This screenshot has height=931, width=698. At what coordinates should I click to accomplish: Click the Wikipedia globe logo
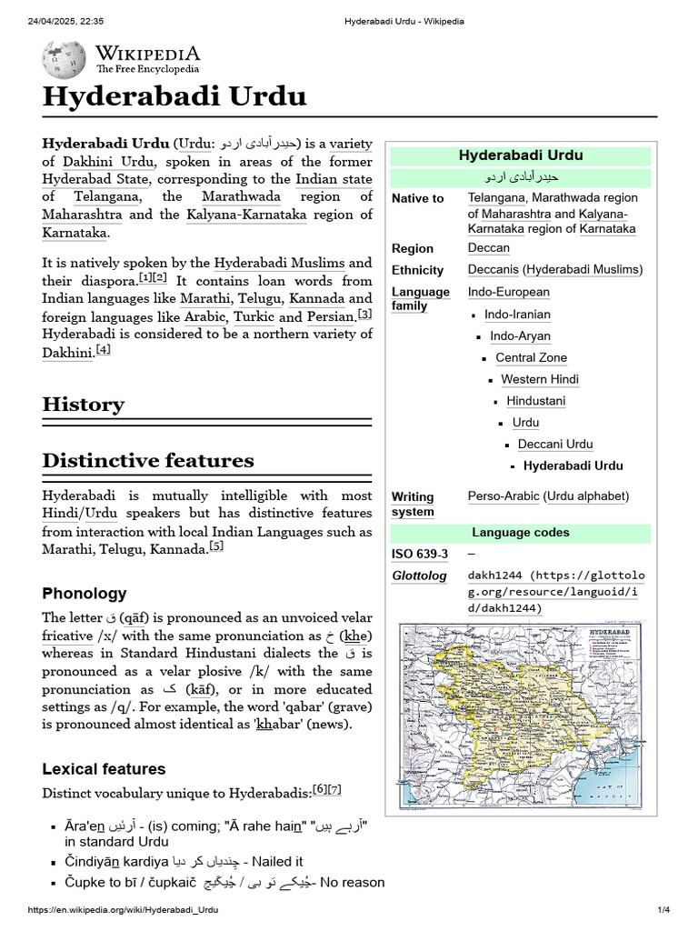64,59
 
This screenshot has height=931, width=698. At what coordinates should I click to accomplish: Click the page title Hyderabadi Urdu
174,97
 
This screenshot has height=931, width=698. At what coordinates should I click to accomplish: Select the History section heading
83,405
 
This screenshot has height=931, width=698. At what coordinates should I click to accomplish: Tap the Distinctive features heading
148,460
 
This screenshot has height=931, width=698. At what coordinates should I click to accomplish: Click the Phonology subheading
85,594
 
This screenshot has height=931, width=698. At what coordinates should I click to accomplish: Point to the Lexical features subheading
104,769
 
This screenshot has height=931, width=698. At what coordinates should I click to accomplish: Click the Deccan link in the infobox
488,248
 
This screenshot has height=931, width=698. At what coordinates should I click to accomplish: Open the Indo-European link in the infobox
508,292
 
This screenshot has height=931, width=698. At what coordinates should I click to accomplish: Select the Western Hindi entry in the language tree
540,379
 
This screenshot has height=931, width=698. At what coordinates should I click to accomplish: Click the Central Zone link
531,357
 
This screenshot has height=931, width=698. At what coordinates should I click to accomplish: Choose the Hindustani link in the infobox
535,401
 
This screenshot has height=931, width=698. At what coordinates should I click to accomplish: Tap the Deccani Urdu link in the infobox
554,445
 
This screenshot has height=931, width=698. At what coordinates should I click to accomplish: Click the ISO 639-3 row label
420,555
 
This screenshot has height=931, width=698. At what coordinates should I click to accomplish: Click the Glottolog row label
419,576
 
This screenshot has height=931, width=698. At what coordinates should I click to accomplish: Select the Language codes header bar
521,533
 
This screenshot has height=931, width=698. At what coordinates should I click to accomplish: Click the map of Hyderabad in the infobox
521,709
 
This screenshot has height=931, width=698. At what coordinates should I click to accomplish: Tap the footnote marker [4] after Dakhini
104,350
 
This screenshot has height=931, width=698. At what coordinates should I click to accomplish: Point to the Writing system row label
413,504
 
